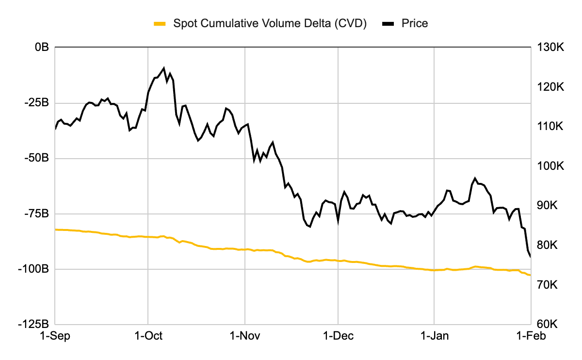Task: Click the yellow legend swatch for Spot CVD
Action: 160,23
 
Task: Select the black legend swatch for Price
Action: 389,23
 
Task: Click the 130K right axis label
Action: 549,48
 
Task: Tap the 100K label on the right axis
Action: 549,166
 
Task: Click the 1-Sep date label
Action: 55,336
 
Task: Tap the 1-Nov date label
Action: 245,336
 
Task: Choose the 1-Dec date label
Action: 338,336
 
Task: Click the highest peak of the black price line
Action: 164,68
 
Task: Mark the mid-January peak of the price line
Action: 475,178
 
